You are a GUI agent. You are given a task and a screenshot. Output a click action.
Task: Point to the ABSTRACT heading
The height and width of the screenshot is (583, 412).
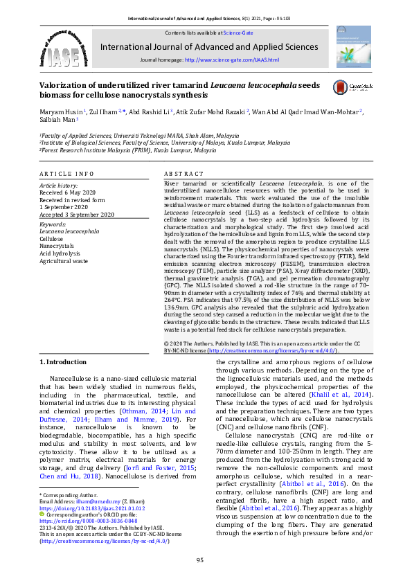(183, 173)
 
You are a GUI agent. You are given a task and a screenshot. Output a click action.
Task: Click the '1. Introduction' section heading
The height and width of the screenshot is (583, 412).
(63, 362)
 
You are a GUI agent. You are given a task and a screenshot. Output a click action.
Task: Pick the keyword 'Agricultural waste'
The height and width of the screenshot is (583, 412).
(64, 261)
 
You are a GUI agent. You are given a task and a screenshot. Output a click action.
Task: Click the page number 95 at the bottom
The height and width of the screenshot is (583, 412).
(199, 559)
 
